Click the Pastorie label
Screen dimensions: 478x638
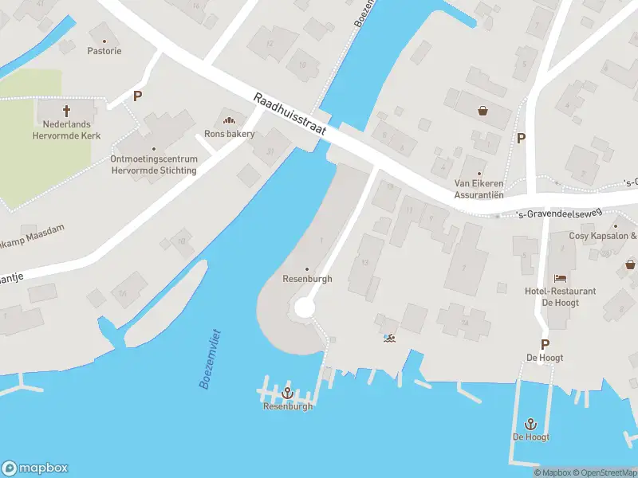pos(104,51)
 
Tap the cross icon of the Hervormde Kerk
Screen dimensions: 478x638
pos(66,110)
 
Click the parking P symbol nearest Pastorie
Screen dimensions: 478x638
pos(137,96)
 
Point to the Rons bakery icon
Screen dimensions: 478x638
pos(230,120)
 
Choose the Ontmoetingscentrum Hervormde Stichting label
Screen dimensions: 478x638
pos(154,163)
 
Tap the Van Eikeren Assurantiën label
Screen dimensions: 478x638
pos(478,188)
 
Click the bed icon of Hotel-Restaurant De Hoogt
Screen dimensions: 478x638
pos(561,278)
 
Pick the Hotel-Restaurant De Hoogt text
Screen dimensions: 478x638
pos(561,296)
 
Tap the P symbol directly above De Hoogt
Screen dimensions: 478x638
pos(545,345)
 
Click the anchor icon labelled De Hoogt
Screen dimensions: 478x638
pos(531,424)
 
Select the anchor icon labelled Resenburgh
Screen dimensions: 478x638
pos(288,393)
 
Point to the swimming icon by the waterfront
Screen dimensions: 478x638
pos(389,338)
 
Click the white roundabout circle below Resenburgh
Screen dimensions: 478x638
pos(305,308)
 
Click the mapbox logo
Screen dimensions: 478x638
pos(35,468)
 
